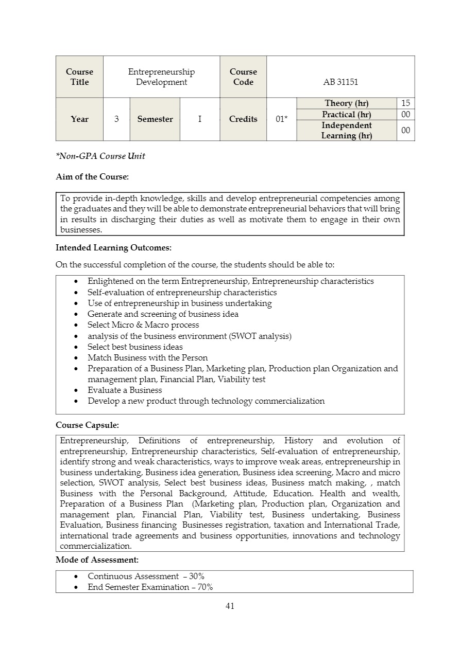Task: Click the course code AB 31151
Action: tap(340, 82)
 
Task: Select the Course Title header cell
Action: tap(79, 77)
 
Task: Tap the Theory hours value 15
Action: tap(405, 103)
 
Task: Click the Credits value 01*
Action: tap(281, 119)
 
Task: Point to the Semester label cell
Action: tap(155, 119)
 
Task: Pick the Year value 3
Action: tap(116, 119)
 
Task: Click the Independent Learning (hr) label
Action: tap(346, 131)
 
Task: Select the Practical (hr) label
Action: tap(346, 115)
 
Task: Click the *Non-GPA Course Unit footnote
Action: tap(100, 156)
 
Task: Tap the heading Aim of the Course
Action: tap(92, 177)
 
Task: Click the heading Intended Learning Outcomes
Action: tap(113, 248)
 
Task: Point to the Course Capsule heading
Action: tap(87, 426)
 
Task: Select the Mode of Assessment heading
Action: tap(97, 560)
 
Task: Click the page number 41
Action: tap(230, 606)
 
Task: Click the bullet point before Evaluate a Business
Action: tap(76, 390)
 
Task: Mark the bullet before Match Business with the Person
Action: tap(76, 358)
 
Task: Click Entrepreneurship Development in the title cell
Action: tap(161, 77)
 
